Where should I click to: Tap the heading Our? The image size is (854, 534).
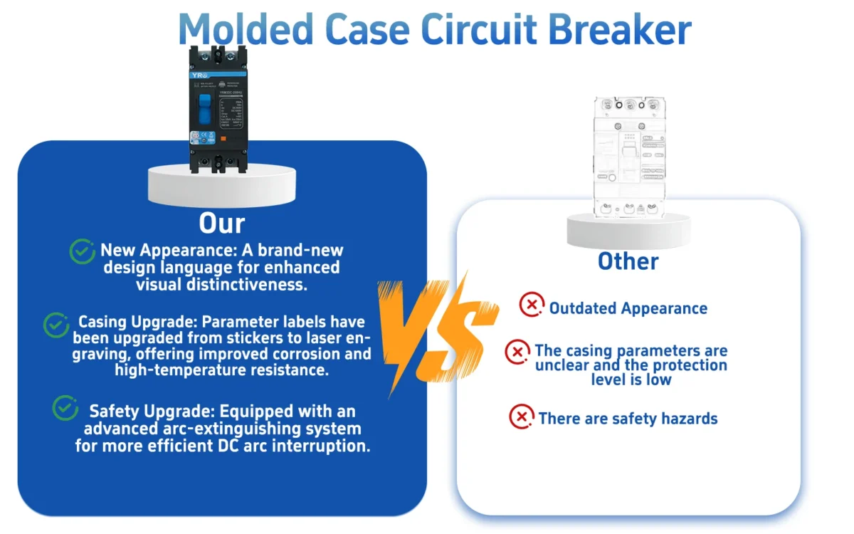[x=221, y=223]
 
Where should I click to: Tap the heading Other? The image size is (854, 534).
[x=628, y=261]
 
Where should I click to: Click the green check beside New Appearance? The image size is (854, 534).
[x=83, y=251]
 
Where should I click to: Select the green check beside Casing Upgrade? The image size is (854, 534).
[x=56, y=325]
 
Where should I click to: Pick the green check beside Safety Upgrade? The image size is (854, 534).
[x=65, y=408]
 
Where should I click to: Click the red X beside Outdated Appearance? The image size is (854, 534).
[x=531, y=305]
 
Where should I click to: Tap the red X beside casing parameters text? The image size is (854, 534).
[x=517, y=352]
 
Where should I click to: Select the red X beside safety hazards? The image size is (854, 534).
[x=522, y=417]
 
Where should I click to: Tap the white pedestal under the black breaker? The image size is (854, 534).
[x=221, y=185]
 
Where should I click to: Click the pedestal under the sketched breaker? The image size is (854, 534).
[x=628, y=229]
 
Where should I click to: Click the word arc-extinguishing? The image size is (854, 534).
[x=252, y=429]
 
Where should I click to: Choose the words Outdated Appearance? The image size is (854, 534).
[x=628, y=308]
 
